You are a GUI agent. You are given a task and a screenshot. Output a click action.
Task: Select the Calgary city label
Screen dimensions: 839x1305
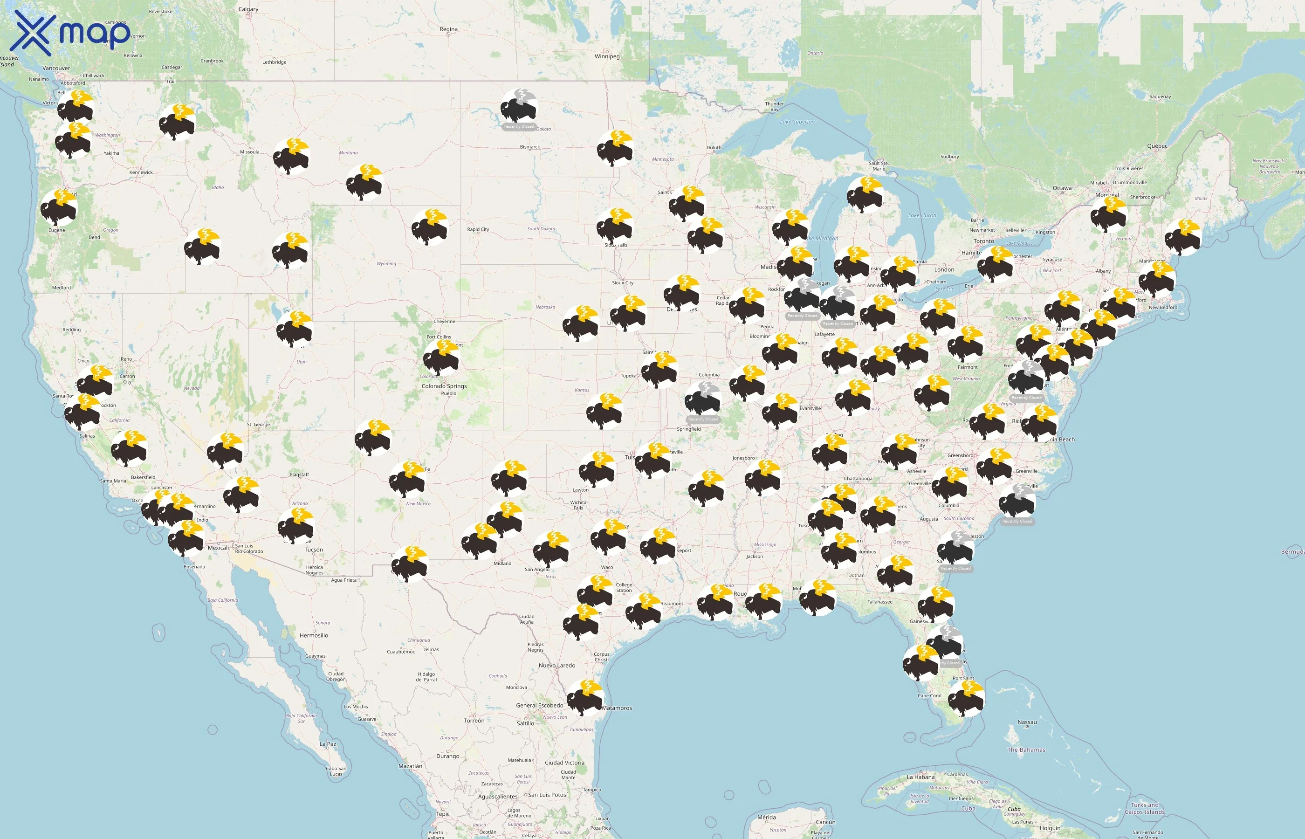pyautogui.click(x=248, y=9)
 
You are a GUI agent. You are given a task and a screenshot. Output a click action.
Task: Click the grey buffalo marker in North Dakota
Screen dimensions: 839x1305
pyautogui.click(x=519, y=106)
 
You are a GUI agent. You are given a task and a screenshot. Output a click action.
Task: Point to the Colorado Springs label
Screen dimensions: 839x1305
pyautogui.click(x=444, y=386)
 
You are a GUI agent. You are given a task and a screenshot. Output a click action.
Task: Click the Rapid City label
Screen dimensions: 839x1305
pyautogui.click(x=478, y=229)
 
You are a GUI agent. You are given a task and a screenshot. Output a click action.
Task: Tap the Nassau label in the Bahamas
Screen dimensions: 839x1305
pyautogui.click(x=1027, y=722)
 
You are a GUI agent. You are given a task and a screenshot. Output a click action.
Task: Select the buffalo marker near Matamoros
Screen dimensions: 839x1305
pyautogui.click(x=584, y=698)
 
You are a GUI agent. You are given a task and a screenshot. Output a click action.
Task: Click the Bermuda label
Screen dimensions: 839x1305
pyautogui.click(x=1292, y=552)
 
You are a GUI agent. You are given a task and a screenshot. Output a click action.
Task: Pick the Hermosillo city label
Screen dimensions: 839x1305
pyautogui.click(x=314, y=635)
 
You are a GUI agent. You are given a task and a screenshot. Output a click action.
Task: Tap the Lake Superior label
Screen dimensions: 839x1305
pyautogui.click(x=797, y=122)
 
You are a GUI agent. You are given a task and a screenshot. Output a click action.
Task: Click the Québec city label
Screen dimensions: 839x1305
pyautogui.click(x=1157, y=146)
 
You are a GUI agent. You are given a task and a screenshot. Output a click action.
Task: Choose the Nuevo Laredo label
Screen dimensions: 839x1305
pyautogui.click(x=556, y=666)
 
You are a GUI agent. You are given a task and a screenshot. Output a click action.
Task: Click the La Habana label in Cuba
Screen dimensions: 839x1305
pyautogui.click(x=920, y=777)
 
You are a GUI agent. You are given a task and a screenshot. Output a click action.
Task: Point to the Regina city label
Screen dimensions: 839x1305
pyautogui.click(x=448, y=29)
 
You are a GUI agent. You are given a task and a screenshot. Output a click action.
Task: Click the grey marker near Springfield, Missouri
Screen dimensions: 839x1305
pyautogui.click(x=703, y=399)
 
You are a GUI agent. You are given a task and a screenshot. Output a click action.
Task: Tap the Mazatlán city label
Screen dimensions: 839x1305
pyautogui.click(x=410, y=766)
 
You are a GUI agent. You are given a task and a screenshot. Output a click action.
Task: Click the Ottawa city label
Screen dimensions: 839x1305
pyautogui.click(x=1062, y=188)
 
